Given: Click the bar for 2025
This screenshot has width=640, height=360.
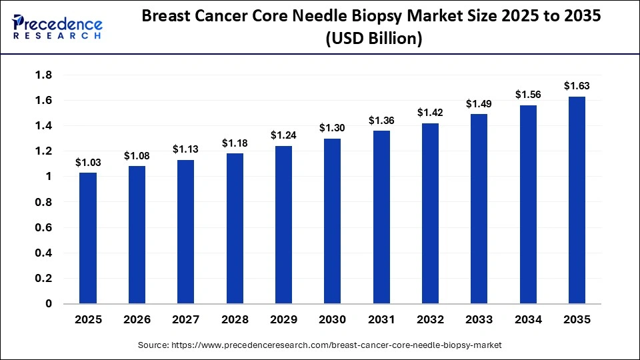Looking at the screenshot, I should [88, 238].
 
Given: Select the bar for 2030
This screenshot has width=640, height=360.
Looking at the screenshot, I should [332, 221].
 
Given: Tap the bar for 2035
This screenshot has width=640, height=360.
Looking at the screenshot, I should [577, 200].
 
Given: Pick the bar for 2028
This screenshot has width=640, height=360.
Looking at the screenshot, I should [235, 229].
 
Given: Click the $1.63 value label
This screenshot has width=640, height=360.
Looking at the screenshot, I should [577, 86].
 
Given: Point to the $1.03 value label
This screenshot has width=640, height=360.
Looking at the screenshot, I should [88, 162].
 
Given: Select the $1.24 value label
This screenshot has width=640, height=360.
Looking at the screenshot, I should [283, 135].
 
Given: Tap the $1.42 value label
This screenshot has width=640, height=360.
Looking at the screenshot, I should [430, 113].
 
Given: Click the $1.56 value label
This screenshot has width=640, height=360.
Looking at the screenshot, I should [528, 95].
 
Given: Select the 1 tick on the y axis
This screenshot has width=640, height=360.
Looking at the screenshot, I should [48, 177].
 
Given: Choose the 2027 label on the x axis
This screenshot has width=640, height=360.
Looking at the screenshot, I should [186, 320].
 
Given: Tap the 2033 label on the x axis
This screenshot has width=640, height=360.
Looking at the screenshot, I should [479, 320].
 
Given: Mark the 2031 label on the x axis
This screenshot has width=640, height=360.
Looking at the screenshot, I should [381, 320].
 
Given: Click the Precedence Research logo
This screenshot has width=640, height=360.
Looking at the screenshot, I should [57, 27].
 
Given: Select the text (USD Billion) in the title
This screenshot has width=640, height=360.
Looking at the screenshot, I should [373, 39].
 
